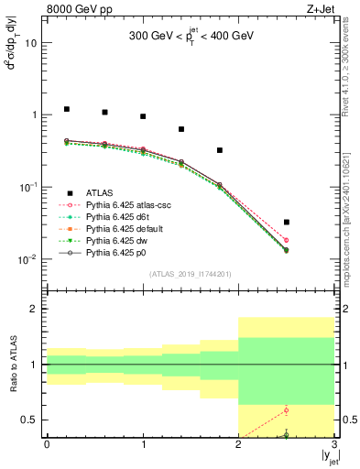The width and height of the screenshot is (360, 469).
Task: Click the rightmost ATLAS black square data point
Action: click(287, 222)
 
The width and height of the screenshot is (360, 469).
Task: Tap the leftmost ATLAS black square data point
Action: click(66, 109)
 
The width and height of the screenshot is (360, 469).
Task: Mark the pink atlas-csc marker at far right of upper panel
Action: click(287, 240)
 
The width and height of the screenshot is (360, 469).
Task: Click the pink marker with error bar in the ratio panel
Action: click(287, 409)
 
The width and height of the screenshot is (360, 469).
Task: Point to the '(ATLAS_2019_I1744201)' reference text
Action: click(191, 274)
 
